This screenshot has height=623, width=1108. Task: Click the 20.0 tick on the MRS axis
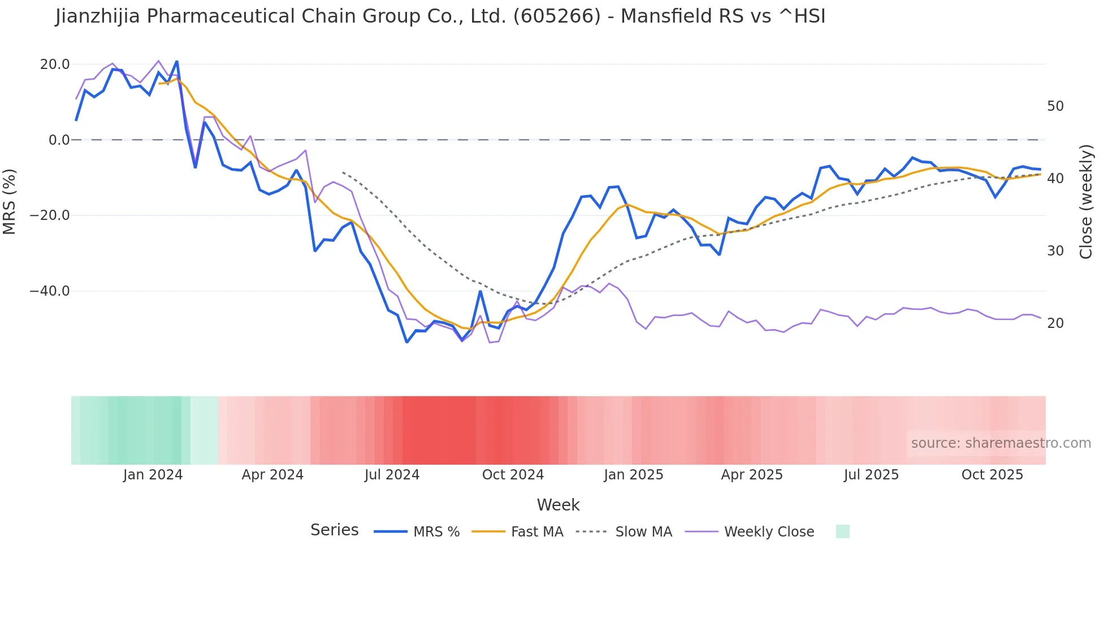pos(55,64)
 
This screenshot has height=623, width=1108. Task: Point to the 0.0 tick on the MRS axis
pos(59,140)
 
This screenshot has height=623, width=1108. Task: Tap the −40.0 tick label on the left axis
pos(50,291)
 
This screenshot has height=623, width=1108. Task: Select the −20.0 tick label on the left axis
pos(50,215)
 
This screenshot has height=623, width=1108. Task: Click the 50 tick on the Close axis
pos(1055,106)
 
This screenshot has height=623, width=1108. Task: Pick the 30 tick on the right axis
pos(1055,251)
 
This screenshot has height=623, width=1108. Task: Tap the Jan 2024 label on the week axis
pos(153,475)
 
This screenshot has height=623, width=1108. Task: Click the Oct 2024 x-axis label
pos(513,475)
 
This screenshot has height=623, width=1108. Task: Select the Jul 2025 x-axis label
pos(871,475)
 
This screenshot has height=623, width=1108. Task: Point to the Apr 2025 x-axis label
pos(752,475)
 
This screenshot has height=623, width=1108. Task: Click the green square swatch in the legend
pos(842,531)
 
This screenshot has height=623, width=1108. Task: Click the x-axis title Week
pos(558,505)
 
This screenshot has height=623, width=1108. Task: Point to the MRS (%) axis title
pos(10,202)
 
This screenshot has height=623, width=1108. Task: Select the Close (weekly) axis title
pos(1086,202)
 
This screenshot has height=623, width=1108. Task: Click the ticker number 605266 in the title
pos(556,16)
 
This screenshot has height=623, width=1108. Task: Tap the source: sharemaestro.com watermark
pos(1001,443)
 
